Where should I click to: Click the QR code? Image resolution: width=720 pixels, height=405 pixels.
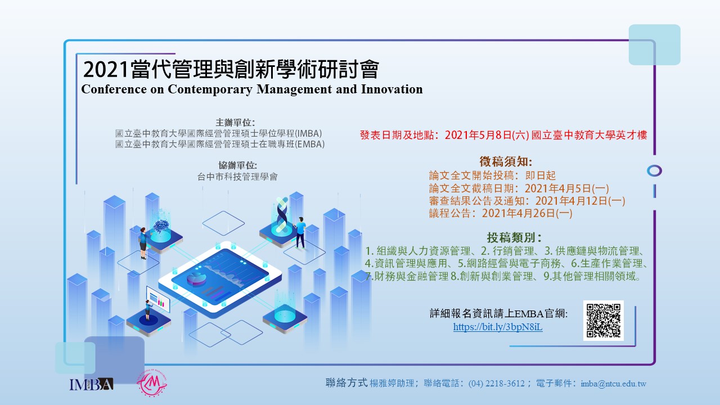pos(604,321)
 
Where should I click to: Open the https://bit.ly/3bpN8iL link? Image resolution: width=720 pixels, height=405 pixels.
pos(498,327)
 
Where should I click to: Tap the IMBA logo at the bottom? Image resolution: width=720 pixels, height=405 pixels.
pos(91,384)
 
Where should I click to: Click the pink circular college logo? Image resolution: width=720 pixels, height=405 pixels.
pos(152,384)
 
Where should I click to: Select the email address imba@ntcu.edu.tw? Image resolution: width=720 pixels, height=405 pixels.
pos(613,384)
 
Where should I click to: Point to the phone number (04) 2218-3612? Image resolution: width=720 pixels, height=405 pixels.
pos(496,384)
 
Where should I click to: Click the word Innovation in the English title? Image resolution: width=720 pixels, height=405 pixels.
pos(392,89)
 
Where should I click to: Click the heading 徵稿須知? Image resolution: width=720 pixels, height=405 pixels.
pos(506,161)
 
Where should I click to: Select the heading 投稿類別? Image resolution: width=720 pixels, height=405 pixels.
pos(514,237)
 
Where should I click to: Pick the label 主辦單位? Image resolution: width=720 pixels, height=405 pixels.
pos(235,123)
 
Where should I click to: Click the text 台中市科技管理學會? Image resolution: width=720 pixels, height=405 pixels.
pos(237,177)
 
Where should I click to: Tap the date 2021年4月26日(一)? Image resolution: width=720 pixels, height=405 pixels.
pos(527,213)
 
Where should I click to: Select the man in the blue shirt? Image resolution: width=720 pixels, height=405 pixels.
pos(300,233)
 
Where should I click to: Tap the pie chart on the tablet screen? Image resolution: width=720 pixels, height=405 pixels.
pos(196,278)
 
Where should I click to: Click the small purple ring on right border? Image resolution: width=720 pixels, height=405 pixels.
pos(654,170)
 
